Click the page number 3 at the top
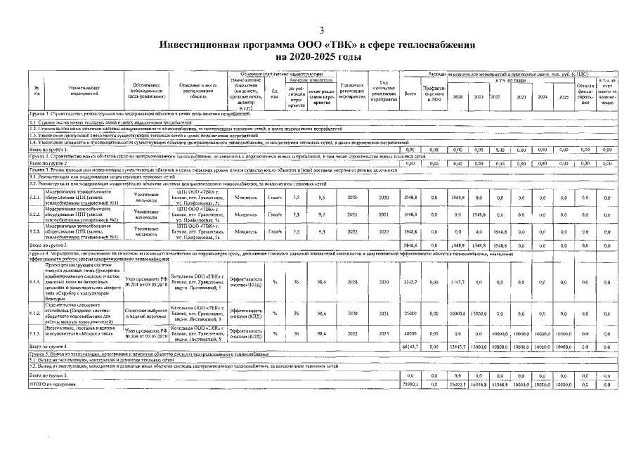point(321,30)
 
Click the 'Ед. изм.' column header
point(274,94)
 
